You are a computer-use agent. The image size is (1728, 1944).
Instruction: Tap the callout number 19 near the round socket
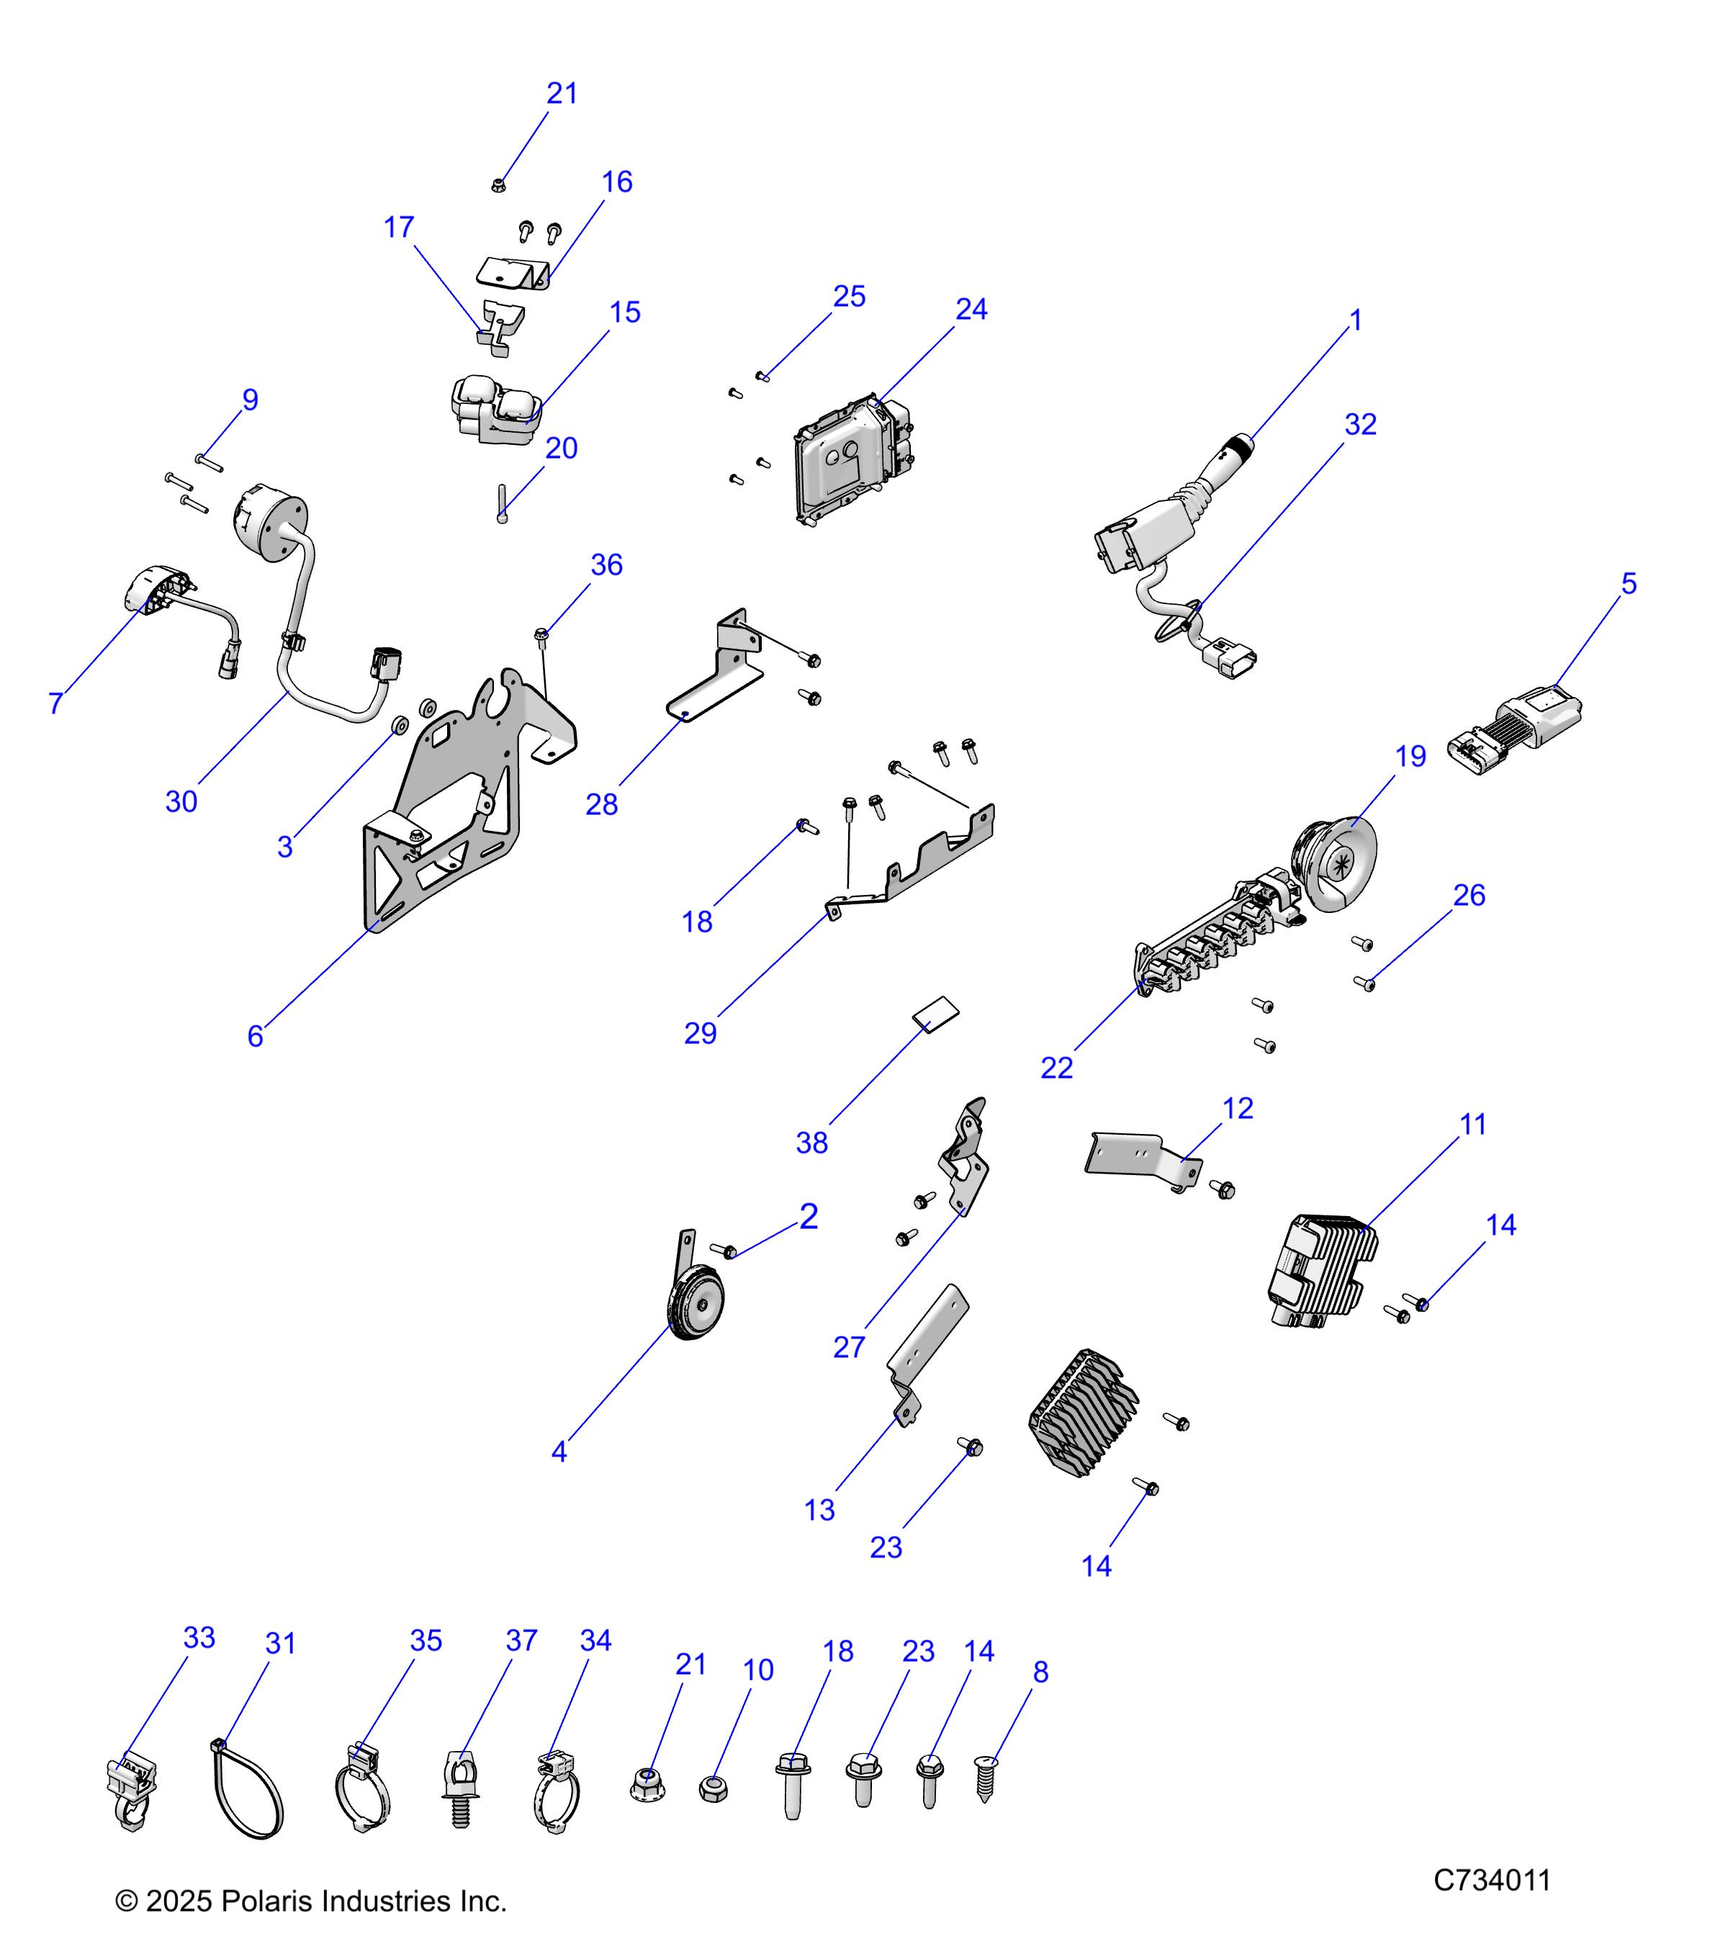(x=1410, y=757)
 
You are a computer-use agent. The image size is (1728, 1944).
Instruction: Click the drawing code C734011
(x=1491, y=1880)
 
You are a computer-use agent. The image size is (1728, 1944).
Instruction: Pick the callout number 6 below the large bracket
(x=255, y=1037)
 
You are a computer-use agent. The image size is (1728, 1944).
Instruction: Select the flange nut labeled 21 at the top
(x=498, y=184)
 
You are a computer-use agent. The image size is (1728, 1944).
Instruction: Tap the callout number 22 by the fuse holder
(x=1056, y=1068)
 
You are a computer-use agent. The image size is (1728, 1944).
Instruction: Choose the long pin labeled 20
(x=501, y=504)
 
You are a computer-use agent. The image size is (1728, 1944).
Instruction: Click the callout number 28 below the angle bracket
(x=601, y=805)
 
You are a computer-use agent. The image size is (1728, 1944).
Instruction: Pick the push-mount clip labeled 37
(x=462, y=1788)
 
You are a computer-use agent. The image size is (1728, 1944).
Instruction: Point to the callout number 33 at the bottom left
(x=199, y=1638)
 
